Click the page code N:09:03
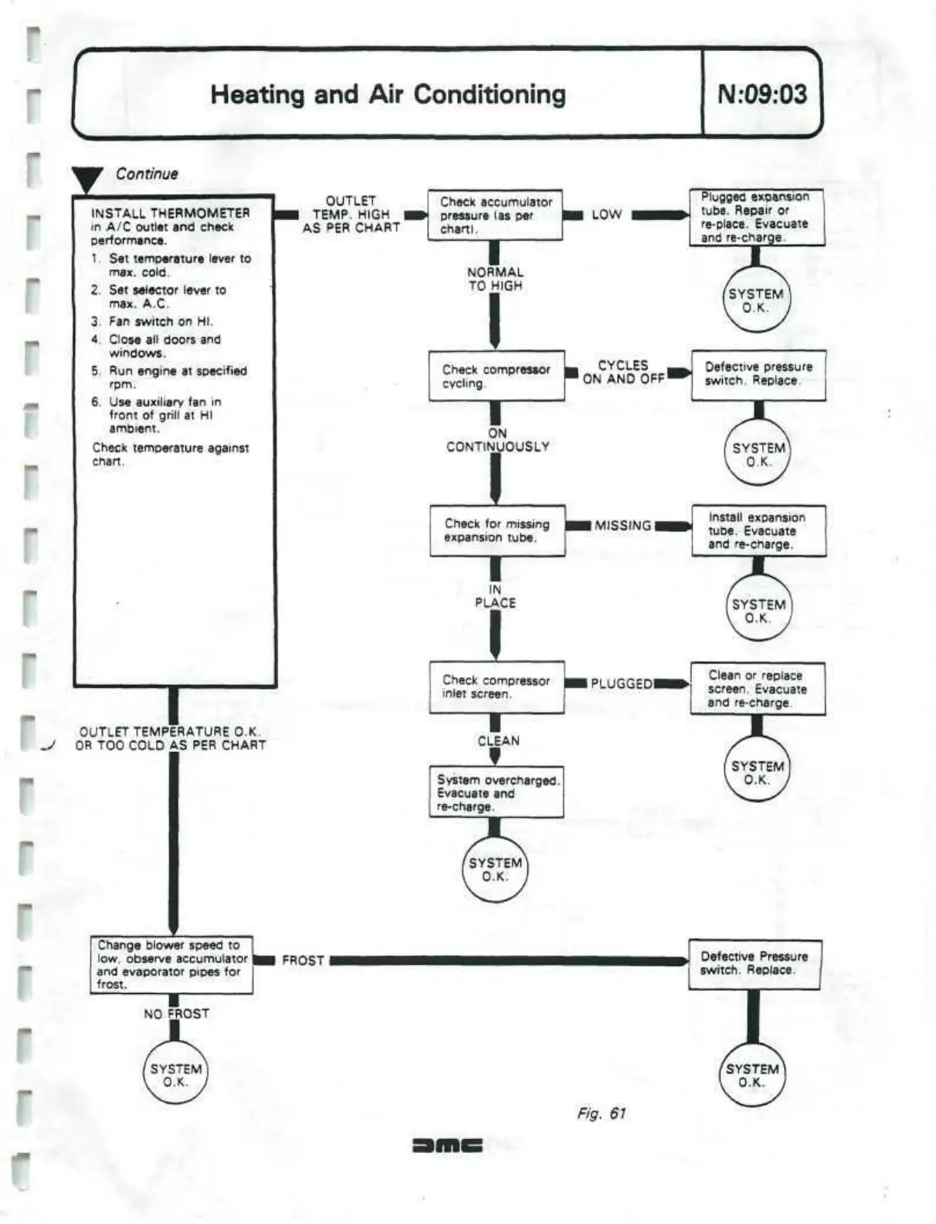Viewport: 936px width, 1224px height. pos(761,94)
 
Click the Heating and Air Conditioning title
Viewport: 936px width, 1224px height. pos(388,94)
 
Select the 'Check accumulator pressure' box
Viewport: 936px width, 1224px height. pos(495,215)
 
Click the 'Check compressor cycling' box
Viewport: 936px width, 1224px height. pos(497,376)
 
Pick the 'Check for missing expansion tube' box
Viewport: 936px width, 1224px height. pos(497,531)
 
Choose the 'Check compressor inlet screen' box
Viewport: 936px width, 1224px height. pos(497,687)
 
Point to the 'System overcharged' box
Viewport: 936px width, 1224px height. pos(497,792)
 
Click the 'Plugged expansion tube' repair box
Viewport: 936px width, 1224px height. pos(756,217)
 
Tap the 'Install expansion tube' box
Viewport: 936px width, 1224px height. pos(758,531)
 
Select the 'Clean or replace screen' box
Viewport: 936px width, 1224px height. pos(757,689)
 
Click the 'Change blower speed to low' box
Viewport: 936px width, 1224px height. pos(171,965)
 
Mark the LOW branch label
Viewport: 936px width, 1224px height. pos(606,215)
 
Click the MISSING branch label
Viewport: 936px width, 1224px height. pos(622,526)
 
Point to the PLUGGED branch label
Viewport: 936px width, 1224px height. pos(622,683)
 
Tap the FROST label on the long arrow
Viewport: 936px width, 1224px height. pos(303,961)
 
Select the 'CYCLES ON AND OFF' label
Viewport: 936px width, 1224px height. pos(623,372)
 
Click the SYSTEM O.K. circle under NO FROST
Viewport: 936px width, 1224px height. pos(176,1074)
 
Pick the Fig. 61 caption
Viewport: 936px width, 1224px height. pos(601,1113)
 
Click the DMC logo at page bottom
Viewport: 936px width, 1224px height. pos(448,1145)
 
